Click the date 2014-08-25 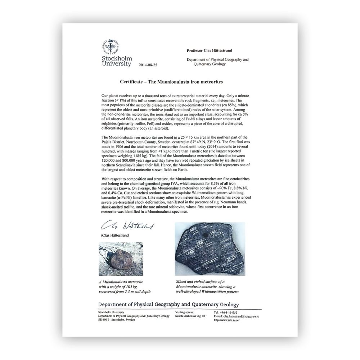point(149,66)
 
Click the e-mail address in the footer point(236,316)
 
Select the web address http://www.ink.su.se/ point(226,320)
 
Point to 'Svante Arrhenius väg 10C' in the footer point(190,316)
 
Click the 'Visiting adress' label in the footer point(184,312)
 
